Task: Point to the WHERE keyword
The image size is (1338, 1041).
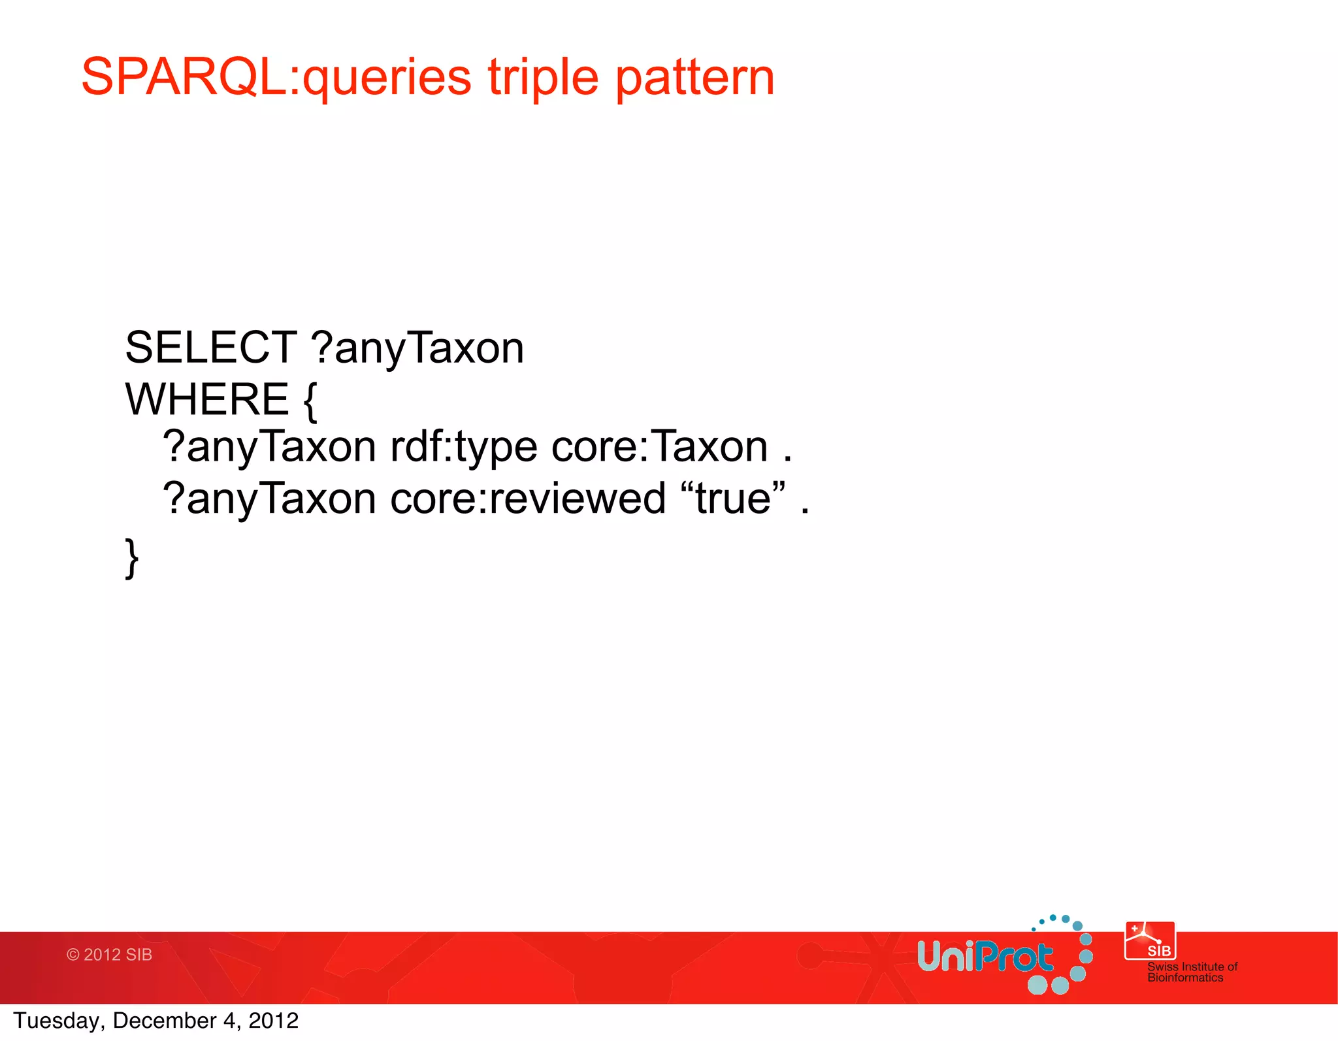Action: click(206, 399)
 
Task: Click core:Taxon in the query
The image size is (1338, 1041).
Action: click(659, 447)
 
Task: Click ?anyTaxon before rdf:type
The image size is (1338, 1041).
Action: click(269, 448)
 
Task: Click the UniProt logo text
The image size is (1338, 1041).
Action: click(985, 957)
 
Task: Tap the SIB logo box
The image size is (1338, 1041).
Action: click(1150, 941)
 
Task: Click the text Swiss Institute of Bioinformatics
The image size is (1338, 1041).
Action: click(1192, 972)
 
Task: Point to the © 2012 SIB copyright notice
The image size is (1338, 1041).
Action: click(109, 955)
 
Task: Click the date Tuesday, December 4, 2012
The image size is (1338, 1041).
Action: click(156, 1021)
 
